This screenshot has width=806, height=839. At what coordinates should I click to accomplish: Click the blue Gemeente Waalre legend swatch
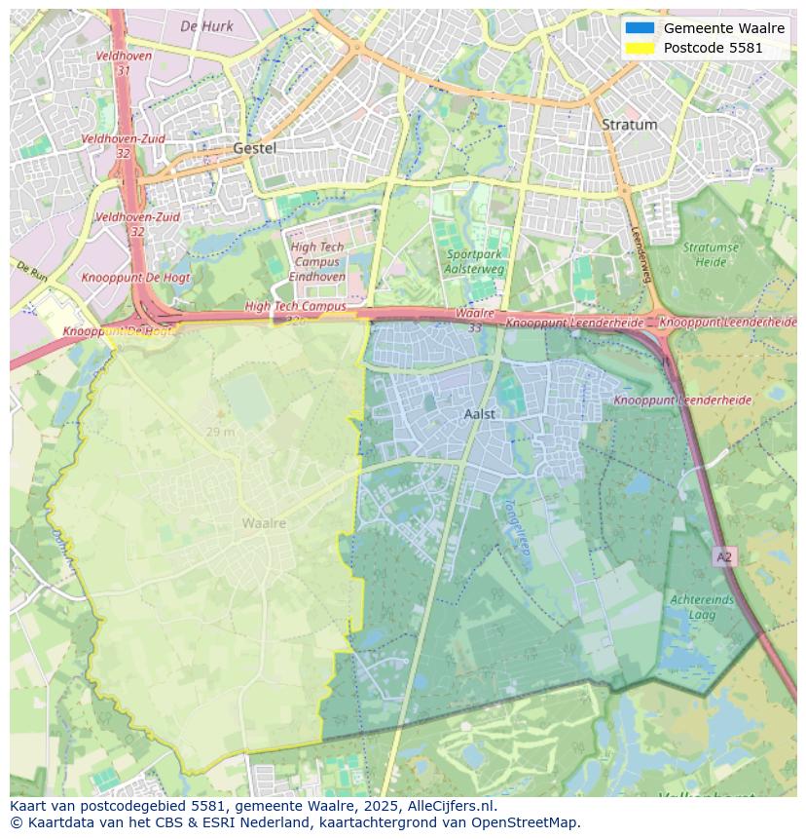[640, 28]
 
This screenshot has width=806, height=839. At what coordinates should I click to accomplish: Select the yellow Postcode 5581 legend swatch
[640, 48]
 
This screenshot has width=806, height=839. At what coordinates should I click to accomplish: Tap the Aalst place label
[480, 414]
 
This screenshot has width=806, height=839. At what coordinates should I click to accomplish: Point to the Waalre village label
[264, 523]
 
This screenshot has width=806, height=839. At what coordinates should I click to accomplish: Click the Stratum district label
[629, 125]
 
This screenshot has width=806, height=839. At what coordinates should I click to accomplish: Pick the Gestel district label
[254, 148]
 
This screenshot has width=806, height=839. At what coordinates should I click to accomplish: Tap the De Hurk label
[207, 26]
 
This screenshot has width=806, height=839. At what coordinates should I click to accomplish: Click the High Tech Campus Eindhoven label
[317, 262]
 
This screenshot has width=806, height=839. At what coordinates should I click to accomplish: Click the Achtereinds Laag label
[702, 607]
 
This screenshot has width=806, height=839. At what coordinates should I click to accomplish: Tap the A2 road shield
[723, 556]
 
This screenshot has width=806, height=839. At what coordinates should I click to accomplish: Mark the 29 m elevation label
[220, 432]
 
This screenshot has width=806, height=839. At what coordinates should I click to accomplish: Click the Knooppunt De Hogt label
[136, 278]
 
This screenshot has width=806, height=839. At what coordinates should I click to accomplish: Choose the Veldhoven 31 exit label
[122, 63]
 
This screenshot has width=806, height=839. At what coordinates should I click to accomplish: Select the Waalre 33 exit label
[475, 321]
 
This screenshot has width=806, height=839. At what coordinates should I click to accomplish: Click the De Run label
[32, 272]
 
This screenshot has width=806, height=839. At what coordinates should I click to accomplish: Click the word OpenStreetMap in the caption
[526, 822]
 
